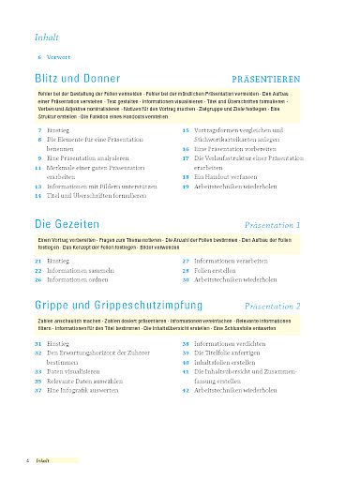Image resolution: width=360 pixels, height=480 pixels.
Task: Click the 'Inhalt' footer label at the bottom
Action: [43, 461]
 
